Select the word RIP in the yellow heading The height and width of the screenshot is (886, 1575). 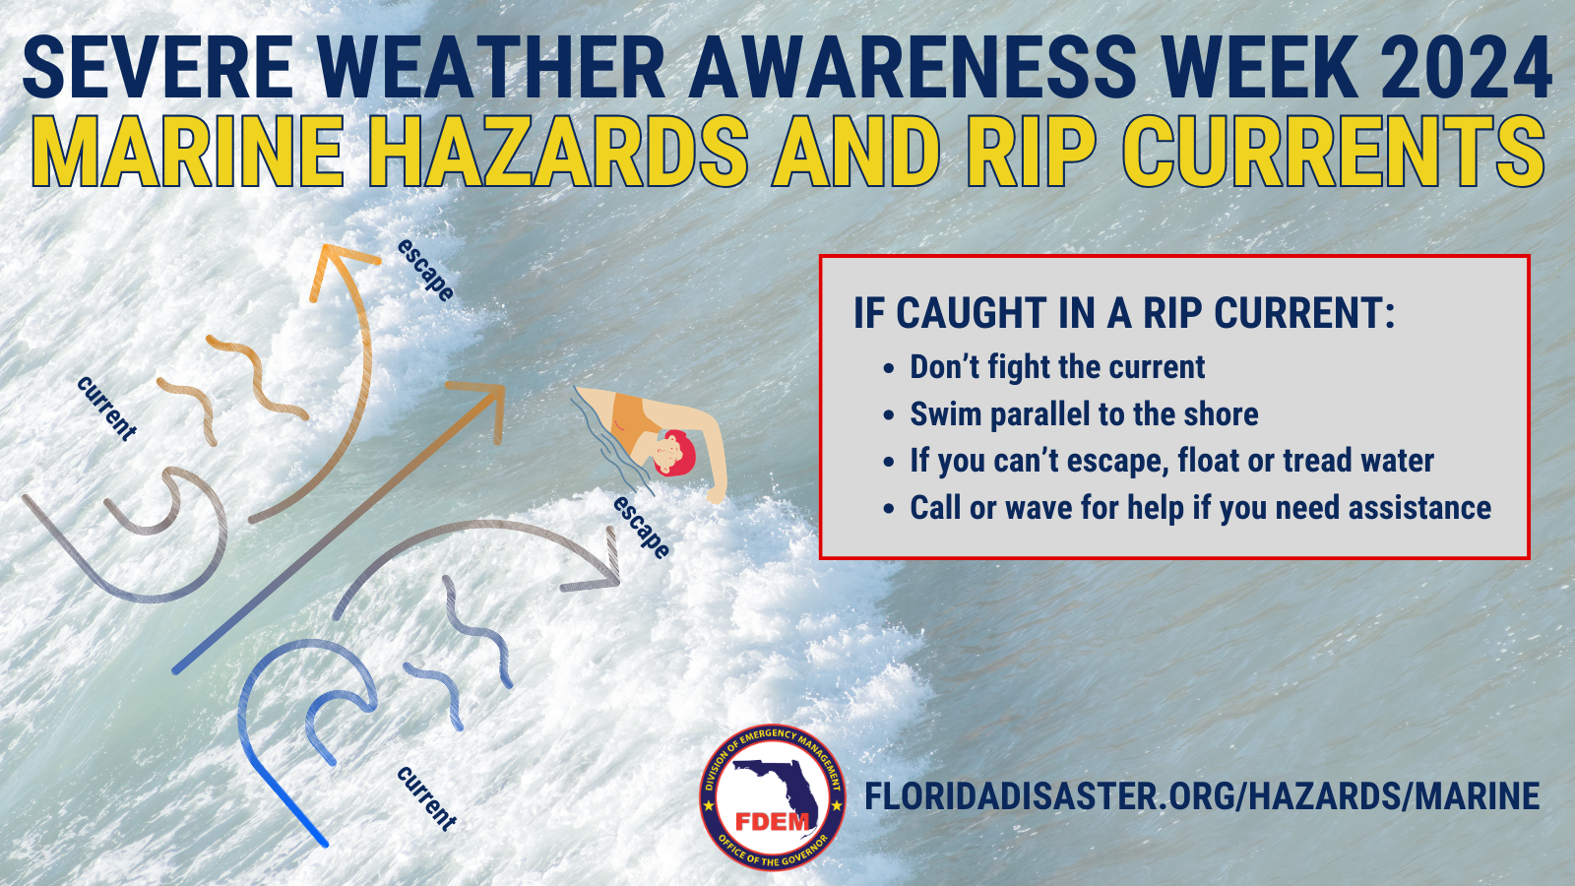[1030, 153]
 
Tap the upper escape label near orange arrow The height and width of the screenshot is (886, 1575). [425, 270]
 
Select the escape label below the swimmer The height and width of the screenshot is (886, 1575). [642, 528]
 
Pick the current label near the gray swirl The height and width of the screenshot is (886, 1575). [106, 408]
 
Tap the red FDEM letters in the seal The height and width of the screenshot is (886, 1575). [773, 821]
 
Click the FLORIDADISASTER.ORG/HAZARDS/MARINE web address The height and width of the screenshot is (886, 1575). [1202, 796]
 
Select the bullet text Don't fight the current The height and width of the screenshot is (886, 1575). [1056, 367]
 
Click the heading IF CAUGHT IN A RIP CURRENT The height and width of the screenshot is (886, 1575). [1124, 314]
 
